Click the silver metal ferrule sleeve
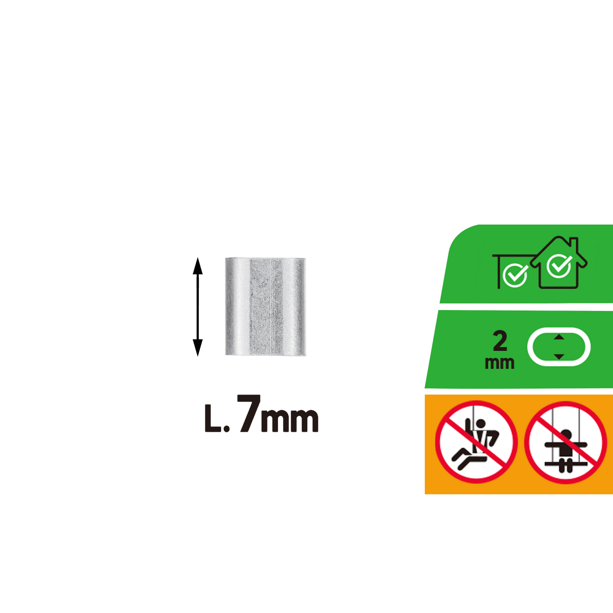(265, 306)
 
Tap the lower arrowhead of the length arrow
(197, 348)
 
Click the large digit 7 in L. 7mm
(250, 413)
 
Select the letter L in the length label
(212, 418)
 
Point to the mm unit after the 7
(290, 420)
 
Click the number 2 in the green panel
(500, 341)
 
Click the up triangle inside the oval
(559, 337)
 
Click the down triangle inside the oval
(559, 356)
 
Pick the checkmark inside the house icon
(559, 266)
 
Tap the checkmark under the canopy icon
(516, 275)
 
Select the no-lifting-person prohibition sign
(476, 442)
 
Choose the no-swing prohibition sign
(565, 443)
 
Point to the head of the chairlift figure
(481, 424)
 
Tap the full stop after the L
(226, 429)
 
